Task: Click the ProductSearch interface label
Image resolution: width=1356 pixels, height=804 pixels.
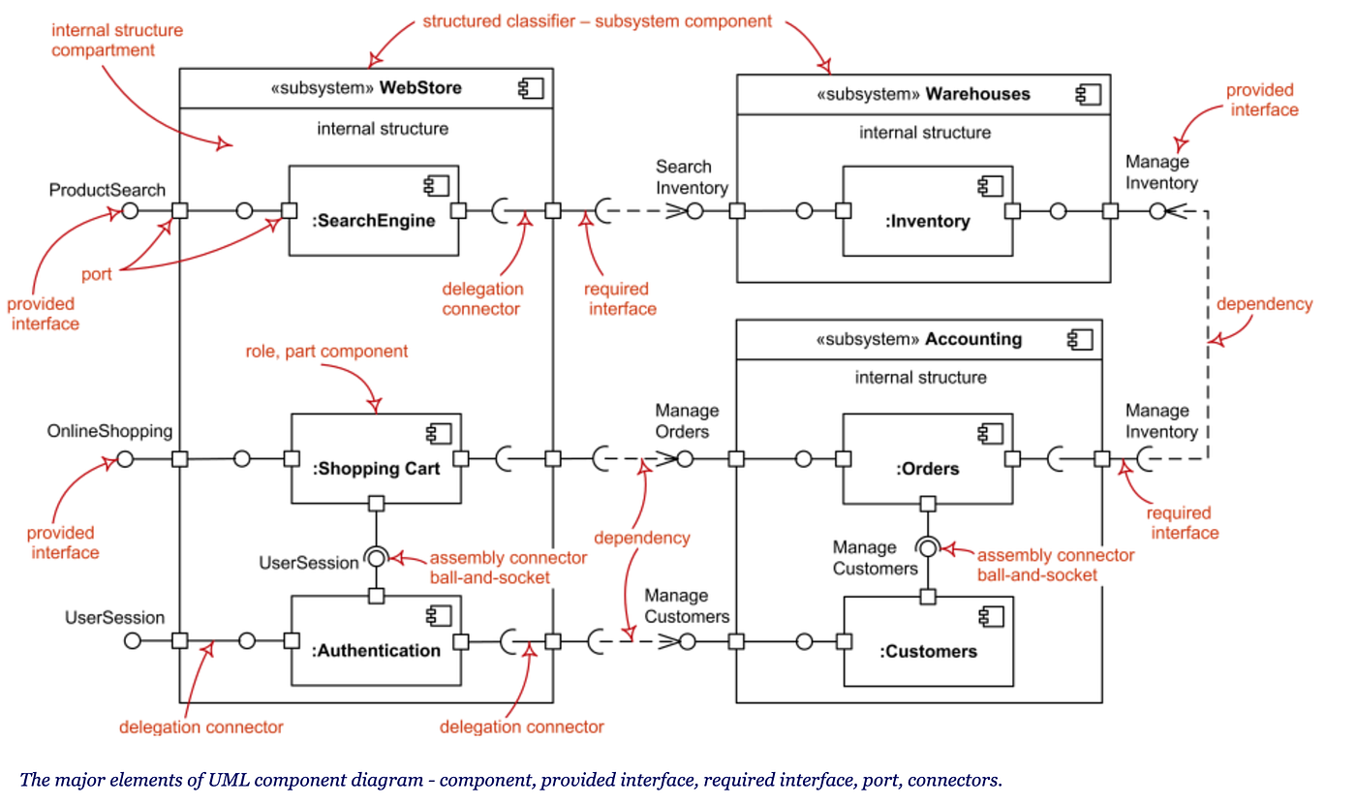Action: (108, 190)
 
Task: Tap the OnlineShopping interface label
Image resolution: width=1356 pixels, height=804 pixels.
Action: (109, 430)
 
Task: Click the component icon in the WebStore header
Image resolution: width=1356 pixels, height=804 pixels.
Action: (531, 88)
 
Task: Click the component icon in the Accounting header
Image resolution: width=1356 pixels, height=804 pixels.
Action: (1080, 339)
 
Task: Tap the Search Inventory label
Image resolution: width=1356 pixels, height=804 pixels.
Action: (692, 177)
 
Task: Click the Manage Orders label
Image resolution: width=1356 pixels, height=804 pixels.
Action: (687, 421)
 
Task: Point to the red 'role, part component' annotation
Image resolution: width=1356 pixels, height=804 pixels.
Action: (325, 351)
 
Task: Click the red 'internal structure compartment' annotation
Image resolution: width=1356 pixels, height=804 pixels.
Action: (116, 40)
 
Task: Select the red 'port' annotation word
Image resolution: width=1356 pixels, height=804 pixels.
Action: (96, 274)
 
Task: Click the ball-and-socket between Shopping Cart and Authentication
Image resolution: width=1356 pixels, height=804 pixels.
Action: (377, 557)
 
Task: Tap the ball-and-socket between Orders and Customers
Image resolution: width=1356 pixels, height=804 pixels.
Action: (928, 548)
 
